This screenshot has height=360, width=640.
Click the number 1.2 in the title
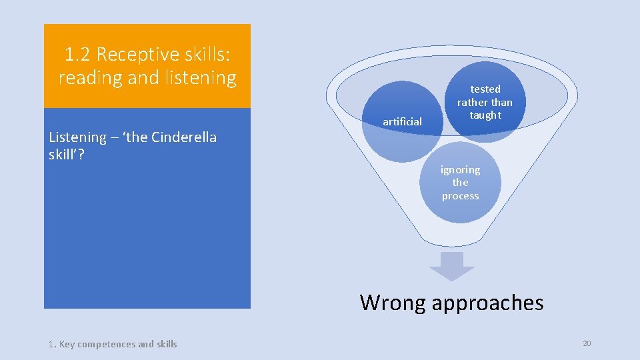77,53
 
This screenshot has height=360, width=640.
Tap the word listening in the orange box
203,78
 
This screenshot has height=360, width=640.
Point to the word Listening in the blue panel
77,137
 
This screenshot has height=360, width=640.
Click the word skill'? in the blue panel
66,155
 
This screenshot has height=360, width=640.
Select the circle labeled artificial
402,121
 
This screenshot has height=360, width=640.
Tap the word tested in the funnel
485,89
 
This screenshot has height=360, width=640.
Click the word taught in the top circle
485,115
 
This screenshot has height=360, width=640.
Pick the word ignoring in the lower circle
460,169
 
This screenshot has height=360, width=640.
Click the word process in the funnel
460,196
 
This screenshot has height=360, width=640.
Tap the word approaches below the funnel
487,303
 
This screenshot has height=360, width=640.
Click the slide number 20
587,343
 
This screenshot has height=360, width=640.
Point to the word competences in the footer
107,344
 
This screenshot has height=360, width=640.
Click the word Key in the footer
67,344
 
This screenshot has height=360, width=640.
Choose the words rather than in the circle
485,102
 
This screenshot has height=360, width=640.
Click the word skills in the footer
166,344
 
